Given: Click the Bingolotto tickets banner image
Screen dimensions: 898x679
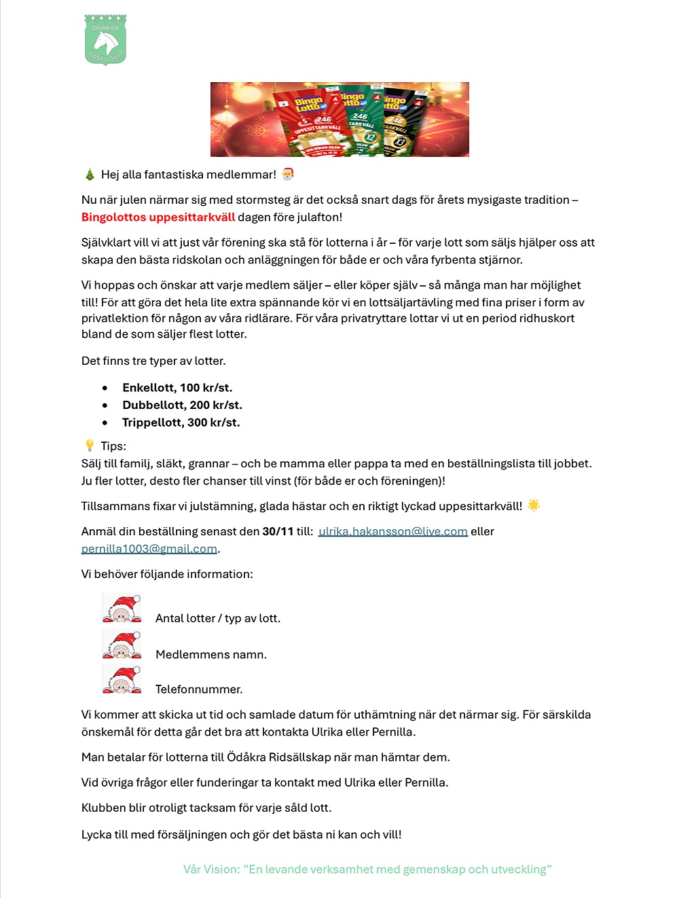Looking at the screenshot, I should click(x=339, y=120).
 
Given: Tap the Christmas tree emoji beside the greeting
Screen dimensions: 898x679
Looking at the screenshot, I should click(x=90, y=175).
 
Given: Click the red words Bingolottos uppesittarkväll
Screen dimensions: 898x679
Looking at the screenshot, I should click(x=158, y=217).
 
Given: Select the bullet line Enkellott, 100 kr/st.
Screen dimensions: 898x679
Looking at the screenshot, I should click(x=177, y=388).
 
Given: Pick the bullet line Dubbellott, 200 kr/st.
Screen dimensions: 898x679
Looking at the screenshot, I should click(x=182, y=405).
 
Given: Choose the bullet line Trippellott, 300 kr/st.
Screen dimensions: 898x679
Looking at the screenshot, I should click(x=181, y=423).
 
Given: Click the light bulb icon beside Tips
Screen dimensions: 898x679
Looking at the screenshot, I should click(x=90, y=446).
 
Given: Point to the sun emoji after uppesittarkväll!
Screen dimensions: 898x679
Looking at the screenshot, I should click(x=534, y=505).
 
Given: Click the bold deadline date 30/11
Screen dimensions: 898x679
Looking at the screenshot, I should click(x=278, y=531).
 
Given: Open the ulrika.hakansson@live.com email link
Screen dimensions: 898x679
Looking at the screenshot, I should click(x=393, y=531).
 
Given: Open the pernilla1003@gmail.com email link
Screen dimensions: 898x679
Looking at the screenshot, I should click(x=149, y=549).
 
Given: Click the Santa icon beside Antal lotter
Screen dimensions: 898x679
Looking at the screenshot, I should click(x=122, y=608).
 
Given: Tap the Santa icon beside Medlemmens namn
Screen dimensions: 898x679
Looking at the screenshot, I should click(x=122, y=644).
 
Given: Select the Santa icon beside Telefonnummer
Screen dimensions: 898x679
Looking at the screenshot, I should click(x=122, y=679).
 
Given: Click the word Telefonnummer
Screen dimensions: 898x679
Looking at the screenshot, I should click(x=198, y=689).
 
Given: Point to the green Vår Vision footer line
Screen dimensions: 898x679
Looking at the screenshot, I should click(x=367, y=869).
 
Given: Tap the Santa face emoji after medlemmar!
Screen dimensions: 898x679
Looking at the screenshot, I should click(x=288, y=175).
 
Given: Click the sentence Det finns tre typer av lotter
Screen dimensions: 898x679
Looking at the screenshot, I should click(x=153, y=361).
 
